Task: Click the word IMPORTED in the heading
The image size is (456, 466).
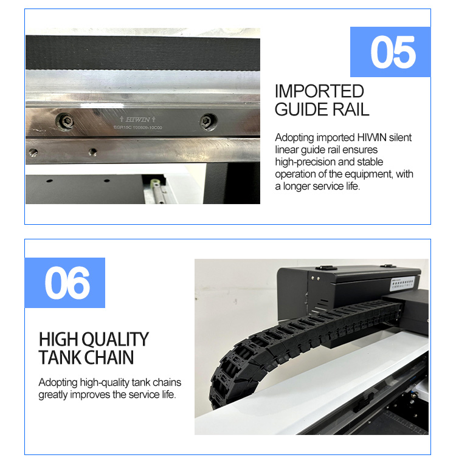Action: point(319,92)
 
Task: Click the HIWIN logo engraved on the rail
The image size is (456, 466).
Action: point(137,120)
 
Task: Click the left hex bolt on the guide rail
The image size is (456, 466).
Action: point(65,122)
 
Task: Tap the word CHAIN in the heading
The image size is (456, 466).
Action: point(110,357)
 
